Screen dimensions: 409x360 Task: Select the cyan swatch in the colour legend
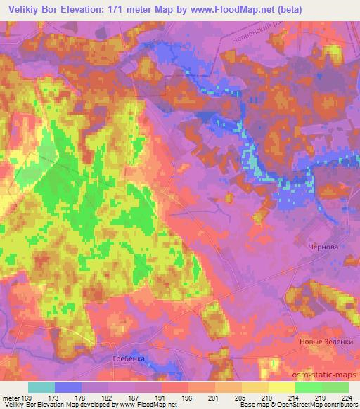point(41,387)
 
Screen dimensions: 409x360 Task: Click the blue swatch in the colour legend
point(68,387)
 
